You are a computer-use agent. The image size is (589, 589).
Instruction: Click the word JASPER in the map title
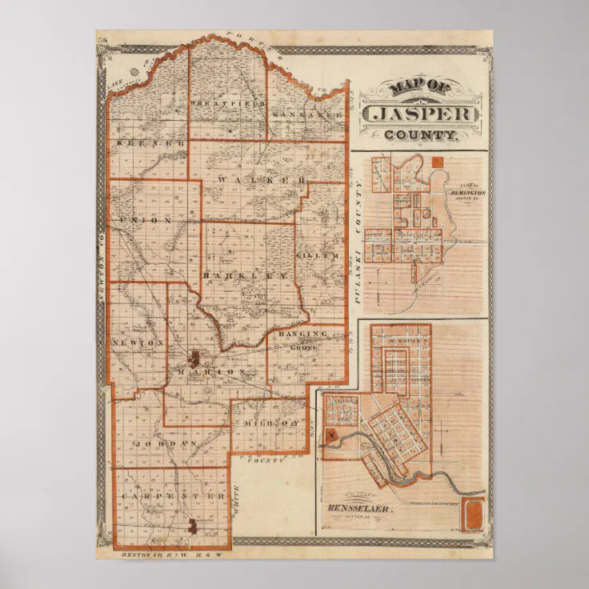coord(422,114)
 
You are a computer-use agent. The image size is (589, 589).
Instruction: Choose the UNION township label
coord(145,218)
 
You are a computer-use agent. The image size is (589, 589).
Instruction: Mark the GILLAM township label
coord(318,255)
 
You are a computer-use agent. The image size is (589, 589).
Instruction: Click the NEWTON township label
coord(137,342)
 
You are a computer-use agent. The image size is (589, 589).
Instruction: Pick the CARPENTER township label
coord(173,496)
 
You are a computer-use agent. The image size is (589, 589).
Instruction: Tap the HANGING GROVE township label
coord(304,338)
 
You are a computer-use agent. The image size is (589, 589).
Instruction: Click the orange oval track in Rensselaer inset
coord(473,513)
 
